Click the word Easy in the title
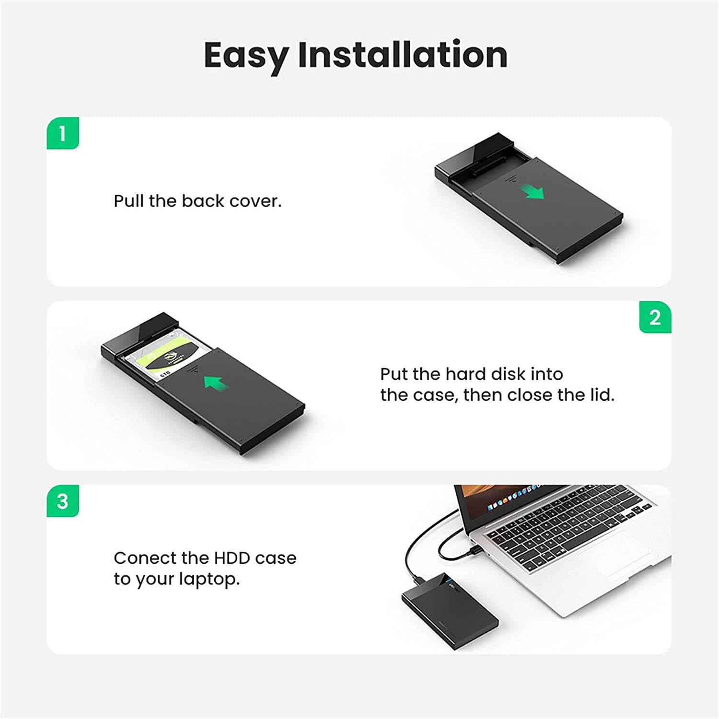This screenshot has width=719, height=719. click(x=246, y=55)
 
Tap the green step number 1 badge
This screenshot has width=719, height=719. click(x=63, y=133)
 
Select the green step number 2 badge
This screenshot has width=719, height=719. click(x=655, y=317)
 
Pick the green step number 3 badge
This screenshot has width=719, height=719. click(x=63, y=501)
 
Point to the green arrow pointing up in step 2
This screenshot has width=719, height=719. click(x=214, y=382)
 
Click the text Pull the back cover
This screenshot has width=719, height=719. click(x=197, y=201)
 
